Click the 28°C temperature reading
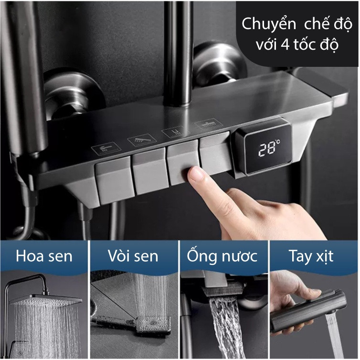269,149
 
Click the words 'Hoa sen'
44,256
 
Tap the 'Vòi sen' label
133,256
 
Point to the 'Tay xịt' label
311,257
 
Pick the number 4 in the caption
285,44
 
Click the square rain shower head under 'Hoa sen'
45,300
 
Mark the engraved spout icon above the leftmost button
106,148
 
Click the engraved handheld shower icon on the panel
142,139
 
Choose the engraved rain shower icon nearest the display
209,124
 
